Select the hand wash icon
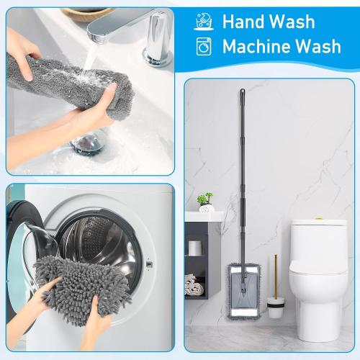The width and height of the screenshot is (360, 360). (x=204, y=22)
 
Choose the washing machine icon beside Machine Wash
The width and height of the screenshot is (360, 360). (x=204, y=47)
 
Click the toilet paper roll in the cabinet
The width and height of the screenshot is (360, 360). (x=194, y=247)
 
